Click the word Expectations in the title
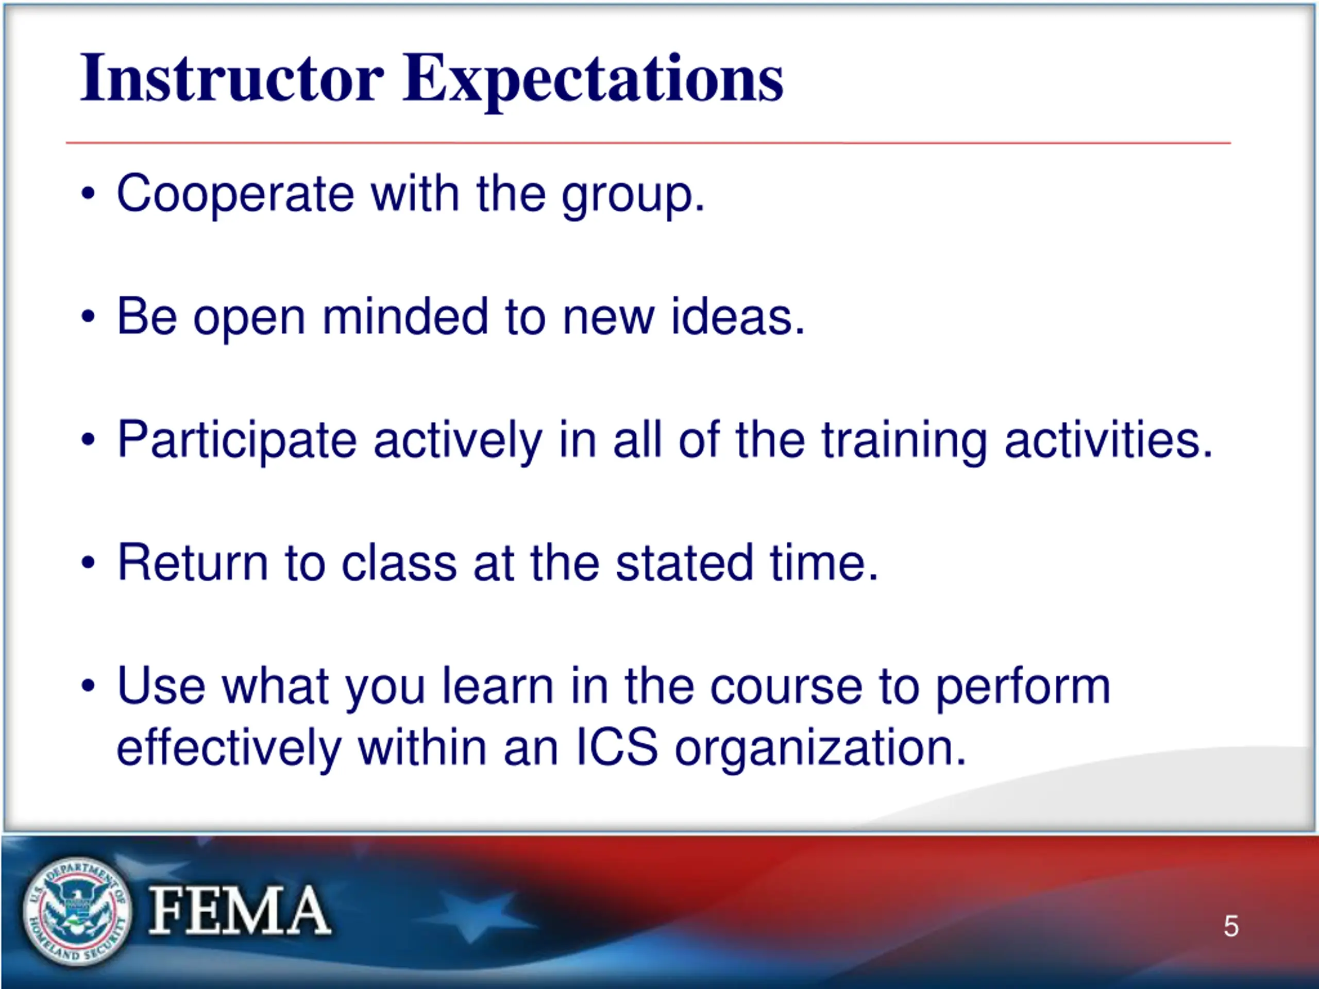[594, 81]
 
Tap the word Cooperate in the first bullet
[235, 193]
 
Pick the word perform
[1023, 689]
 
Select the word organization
[820, 749]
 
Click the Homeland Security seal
[77, 910]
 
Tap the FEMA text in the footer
[239, 910]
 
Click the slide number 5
[1231, 926]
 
